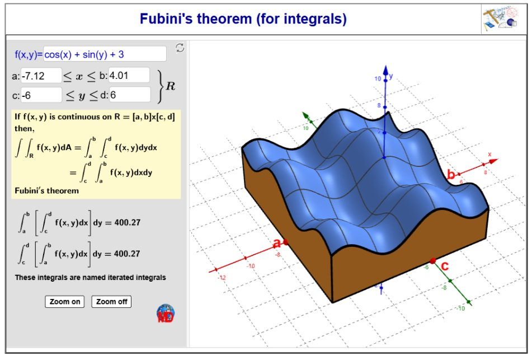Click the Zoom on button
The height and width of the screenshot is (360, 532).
coord(64,302)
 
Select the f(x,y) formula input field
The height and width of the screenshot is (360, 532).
coord(105,54)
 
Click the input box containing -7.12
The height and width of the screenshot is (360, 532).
coord(41,76)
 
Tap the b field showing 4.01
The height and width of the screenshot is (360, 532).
coord(129,76)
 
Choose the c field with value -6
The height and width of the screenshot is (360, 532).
coord(41,95)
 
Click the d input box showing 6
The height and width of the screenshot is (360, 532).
coord(130,95)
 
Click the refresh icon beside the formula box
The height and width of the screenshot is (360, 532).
coord(180,48)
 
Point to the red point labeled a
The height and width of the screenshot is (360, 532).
coord(286,242)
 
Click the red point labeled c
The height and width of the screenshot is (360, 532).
coord(432,261)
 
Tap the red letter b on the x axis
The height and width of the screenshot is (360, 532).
coord(451,175)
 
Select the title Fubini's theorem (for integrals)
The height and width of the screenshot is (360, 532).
coord(243,18)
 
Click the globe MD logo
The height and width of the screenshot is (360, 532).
coord(166,314)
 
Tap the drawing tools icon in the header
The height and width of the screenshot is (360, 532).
coord(500,18)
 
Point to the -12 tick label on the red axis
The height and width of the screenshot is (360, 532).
coord(222,278)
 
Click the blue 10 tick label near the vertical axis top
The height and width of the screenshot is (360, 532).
coord(378,78)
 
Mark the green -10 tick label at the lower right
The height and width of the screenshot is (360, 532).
coord(460,308)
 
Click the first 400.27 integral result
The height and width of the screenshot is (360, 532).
coord(127,222)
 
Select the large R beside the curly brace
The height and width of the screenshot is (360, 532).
coord(170,86)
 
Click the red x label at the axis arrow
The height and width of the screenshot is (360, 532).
coord(489,155)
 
